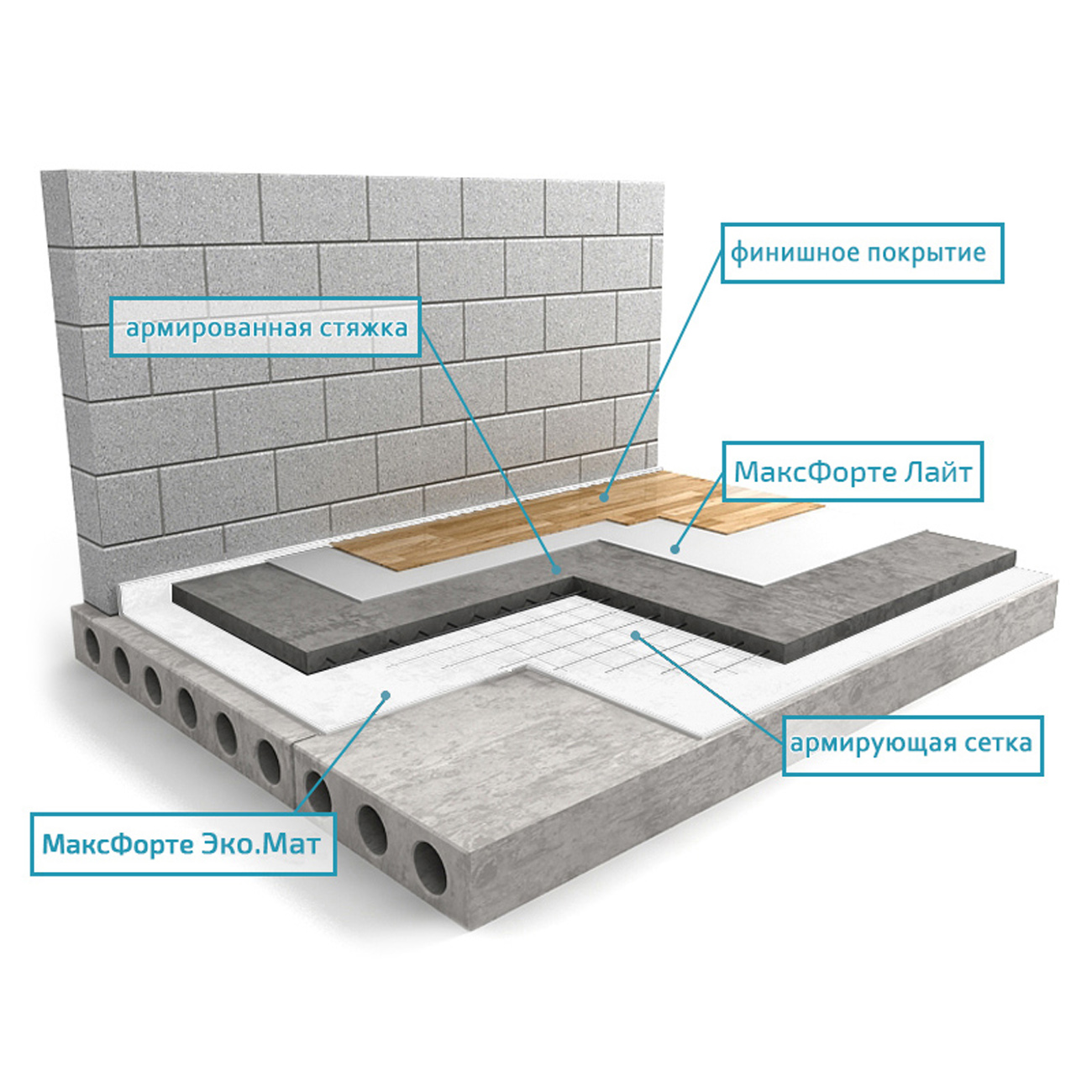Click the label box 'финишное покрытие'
(862, 253)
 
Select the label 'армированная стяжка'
(265, 327)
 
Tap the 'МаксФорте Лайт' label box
(853, 472)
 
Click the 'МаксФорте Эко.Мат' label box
(183, 845)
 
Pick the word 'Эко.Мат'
(260, 844)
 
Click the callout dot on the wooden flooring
(605, 497)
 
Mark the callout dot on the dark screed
(557, 569)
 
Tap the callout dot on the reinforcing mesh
(637, 636)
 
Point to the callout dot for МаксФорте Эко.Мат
(386, 695)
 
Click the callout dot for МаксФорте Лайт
(675, 549)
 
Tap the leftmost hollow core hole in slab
(92, 647)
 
